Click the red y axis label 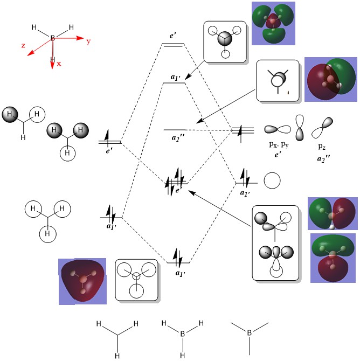[88, 41]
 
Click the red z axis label [24, 46]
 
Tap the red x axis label [59, 63]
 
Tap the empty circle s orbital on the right [272, 181]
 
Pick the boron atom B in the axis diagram [53, 38]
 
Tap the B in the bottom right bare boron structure [250, 334]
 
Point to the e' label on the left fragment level [110, 151]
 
